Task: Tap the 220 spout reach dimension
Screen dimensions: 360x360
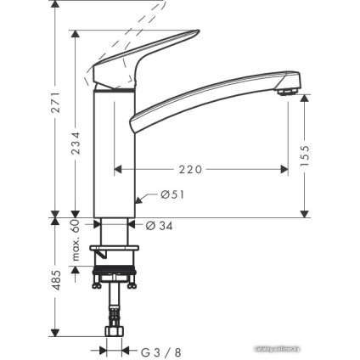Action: point(191,170)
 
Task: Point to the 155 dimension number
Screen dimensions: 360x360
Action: point(306,154)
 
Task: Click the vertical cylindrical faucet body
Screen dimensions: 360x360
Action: point(114,153)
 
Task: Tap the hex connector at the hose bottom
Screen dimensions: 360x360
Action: point(114,332)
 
